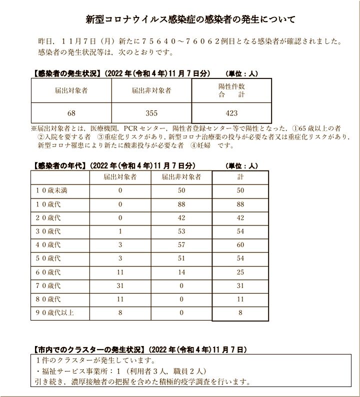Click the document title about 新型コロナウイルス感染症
coord(190,19)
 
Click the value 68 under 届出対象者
coord(71,113)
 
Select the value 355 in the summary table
coord(151,113)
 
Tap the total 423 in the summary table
coord(231,113)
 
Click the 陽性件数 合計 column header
coord(231,90)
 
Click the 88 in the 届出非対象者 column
coord(181,204)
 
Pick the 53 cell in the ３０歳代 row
coord(181,231)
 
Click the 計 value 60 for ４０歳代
coord(240,244)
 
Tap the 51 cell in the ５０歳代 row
coord(181,258)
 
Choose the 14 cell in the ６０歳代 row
coord(181,272)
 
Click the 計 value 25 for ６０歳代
coord(240,272)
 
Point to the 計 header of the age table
coord(240,177)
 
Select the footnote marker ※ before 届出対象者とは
coord(34,128)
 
